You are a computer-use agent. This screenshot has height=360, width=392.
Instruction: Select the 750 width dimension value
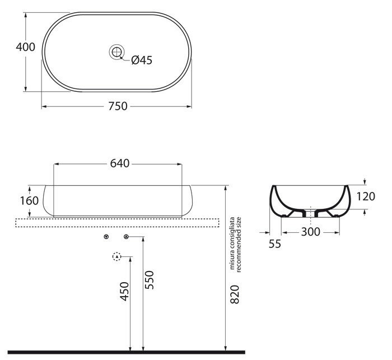click(118, 106)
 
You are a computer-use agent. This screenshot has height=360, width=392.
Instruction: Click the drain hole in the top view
click(117, 52)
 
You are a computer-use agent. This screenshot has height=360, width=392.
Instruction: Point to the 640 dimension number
click(120, 163)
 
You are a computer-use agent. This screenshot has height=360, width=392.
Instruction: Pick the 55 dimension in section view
click(274, 244)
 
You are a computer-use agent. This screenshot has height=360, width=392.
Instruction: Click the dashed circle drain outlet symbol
click(116, 257)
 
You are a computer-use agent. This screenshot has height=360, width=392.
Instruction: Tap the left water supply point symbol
click(107, 237)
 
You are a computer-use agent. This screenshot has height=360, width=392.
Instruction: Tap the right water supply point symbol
click(127, 237)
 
